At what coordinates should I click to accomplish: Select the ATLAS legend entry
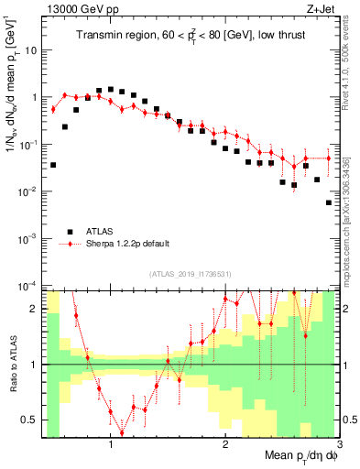pos(99,231)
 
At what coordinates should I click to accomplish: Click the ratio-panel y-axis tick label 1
pos(36,365)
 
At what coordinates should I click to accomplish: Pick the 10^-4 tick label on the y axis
pos(28,285)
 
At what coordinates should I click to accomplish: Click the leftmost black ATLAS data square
pos(53,165)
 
